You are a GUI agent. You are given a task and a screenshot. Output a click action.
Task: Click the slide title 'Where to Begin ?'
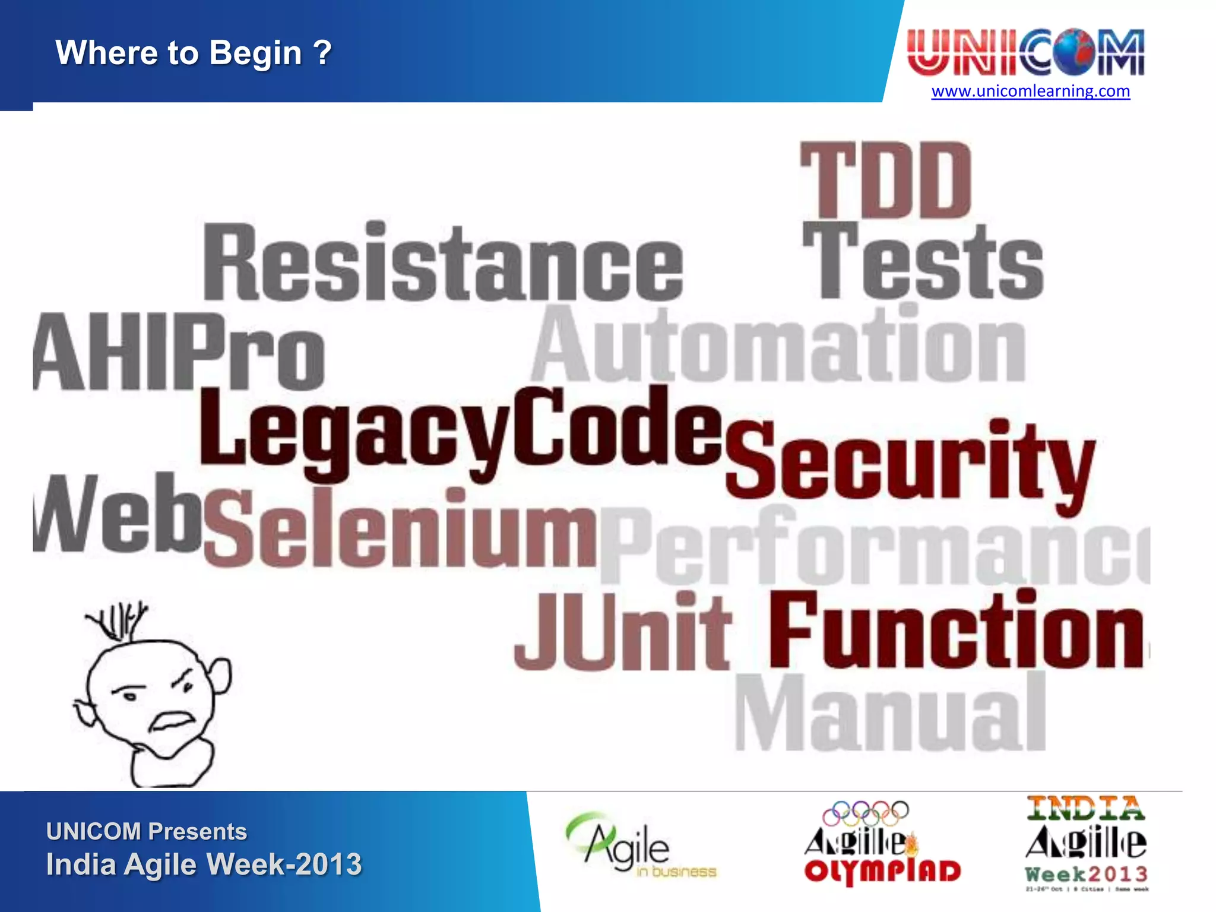point(194,53)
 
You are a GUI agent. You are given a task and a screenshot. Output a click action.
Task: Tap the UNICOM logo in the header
point(1025,52)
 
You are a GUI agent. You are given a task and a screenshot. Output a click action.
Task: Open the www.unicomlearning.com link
point(1030,91)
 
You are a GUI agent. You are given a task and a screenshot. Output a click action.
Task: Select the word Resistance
point(442,264)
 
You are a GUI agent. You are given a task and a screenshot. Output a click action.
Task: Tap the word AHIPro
point(178,353)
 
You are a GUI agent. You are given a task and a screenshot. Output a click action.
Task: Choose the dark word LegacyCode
point(460,429)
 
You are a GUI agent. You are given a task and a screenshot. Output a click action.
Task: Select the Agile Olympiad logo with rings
point(882,843)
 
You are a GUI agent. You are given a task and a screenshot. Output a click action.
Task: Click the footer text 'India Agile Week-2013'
point(204,864)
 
